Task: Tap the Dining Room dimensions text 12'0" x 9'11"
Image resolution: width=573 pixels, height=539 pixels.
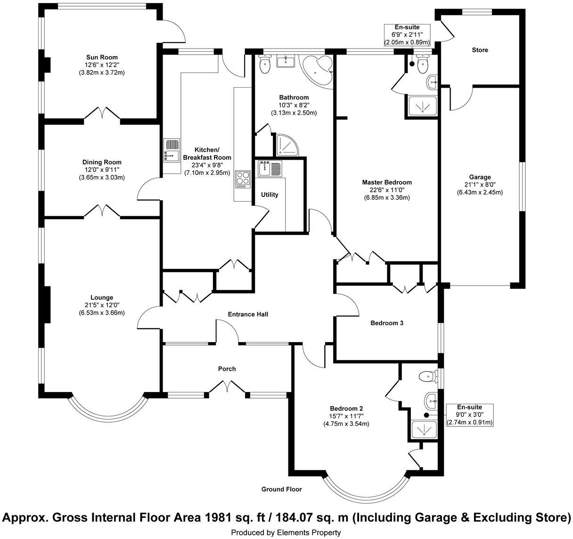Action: [102, 170]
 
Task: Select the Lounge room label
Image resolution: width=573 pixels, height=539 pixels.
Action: [102, 297]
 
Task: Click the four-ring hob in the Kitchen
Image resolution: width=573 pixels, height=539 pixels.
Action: [243, 179]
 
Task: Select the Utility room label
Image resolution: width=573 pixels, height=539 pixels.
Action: [270, 195]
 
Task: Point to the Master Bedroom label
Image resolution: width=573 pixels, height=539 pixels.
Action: [386, 182]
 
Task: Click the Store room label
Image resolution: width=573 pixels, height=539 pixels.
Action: [480, 50]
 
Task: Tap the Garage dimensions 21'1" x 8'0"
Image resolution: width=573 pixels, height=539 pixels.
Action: [480, 185]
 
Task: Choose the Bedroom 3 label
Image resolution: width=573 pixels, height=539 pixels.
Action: [386, 323]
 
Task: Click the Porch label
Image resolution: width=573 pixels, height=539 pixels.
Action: [227, 369]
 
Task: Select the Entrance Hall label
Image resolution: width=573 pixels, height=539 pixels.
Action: [248, 314]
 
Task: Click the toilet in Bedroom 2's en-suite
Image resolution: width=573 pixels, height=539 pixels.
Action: [427, 376]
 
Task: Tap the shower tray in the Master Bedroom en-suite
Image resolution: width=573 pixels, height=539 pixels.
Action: [422, 106]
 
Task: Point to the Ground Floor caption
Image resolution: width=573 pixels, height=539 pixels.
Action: [281, 489]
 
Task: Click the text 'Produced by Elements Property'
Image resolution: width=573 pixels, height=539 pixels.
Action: [286, 532]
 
